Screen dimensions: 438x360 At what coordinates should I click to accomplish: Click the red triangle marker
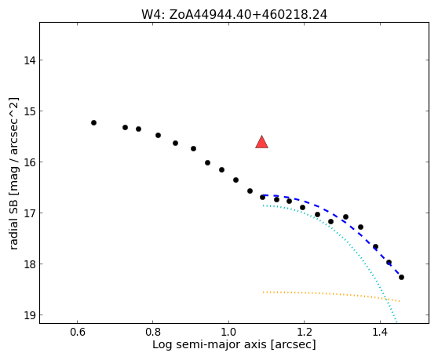[261, 142]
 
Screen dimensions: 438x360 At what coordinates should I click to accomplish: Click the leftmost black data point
[94, 123]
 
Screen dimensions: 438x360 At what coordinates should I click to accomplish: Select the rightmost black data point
[401, 277]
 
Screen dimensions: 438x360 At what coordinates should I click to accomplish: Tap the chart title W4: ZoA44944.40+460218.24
[234, 14]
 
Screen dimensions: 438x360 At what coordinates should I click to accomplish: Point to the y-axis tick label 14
[30, 60]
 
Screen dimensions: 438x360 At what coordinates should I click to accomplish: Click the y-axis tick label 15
[30, 111]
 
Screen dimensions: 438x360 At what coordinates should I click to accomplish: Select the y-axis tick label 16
[30, 162]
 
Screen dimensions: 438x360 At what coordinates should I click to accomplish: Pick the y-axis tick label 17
[30, 213]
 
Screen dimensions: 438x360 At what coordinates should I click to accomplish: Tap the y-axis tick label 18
[30, 264]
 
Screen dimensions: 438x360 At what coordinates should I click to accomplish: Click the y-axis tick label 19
[30, 315]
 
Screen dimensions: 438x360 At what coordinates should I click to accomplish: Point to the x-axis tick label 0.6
[78, 333]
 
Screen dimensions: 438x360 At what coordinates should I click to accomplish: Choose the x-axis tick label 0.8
[153, 333]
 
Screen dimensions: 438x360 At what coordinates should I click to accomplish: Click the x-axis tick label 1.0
[228, 333]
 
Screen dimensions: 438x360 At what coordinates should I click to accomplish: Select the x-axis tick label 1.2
[305, 333]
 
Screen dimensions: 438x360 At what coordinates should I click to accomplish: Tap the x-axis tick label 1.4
[380, 333]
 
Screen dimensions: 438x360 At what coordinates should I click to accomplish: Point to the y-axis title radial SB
[13, 222]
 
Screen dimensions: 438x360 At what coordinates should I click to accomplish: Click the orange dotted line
[331, 293]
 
